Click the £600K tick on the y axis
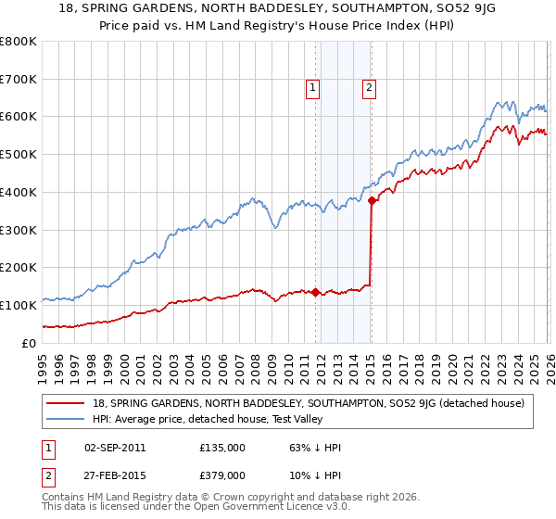[x=19, y=117]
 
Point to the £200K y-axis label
[x=19, y=267]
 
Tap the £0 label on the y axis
[x=30, y=343]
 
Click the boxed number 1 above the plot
[x=313, y=88]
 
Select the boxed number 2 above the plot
[x=369, y=88]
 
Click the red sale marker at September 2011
[x=315, y=292]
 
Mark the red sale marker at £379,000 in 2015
[x=372, y=200]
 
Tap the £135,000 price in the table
[x=222, y=448]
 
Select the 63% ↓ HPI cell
[x=315, y=448]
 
